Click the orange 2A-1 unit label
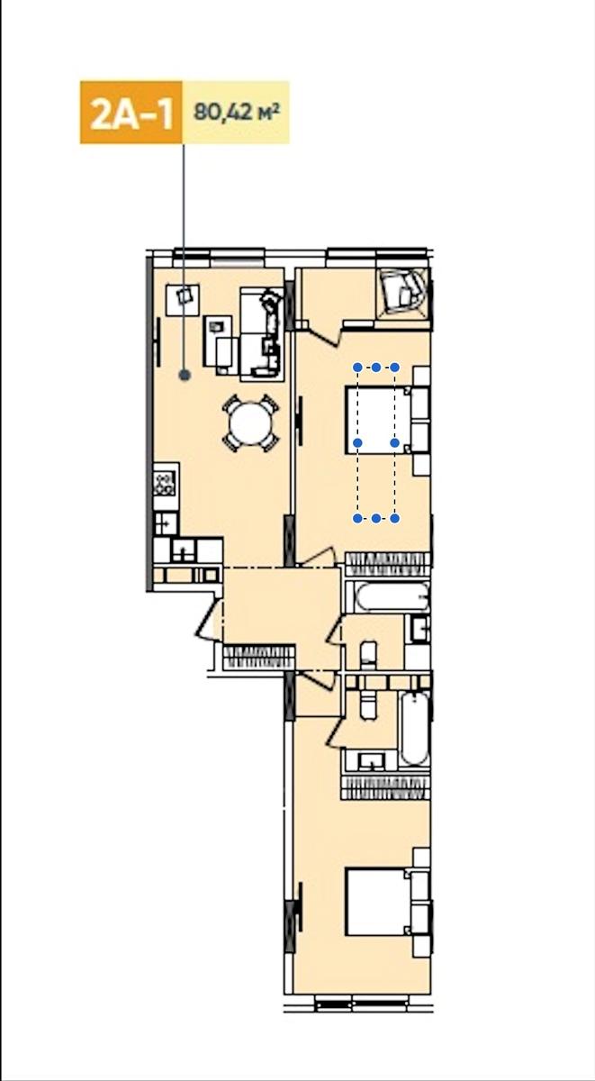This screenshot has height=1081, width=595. (131, 113)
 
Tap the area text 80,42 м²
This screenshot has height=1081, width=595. (237, 112)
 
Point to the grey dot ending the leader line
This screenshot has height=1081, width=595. (185, 375)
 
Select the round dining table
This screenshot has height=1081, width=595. (250, 423)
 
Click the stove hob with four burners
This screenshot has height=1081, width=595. (164, 483)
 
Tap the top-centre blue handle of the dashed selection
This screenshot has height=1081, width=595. (376, 368)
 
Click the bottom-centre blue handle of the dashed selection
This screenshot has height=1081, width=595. (376, 518)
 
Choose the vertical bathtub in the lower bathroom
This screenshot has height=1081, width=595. (414, 729)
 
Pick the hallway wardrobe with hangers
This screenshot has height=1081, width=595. (259, 657)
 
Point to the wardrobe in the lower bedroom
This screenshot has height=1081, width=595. (385, 787)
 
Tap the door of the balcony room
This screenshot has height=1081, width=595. (320, 335)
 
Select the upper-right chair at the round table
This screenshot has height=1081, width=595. (269, 404)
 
